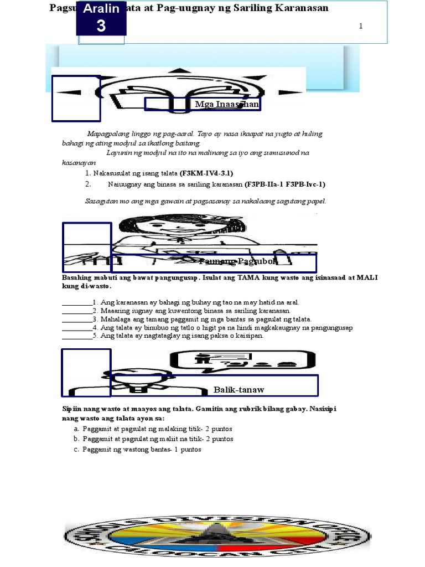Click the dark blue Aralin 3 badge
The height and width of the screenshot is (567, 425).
101,18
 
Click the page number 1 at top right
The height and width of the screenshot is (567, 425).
361,27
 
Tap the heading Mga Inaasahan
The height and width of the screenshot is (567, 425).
227,104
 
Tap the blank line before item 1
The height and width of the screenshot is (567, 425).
76,303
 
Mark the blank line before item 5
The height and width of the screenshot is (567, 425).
76,336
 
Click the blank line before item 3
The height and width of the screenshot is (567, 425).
76,319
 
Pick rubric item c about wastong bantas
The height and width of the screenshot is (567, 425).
142,449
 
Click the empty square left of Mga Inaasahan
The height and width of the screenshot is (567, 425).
76,98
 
